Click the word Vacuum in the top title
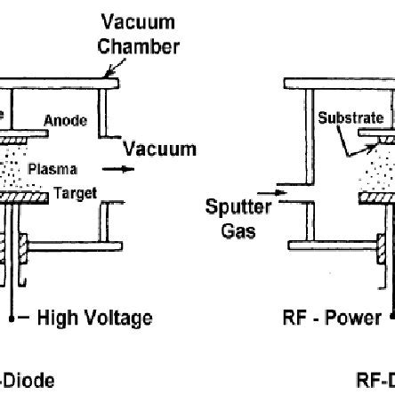click(138, 20)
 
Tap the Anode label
click(66, 121)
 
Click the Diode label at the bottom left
click(27, 382)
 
